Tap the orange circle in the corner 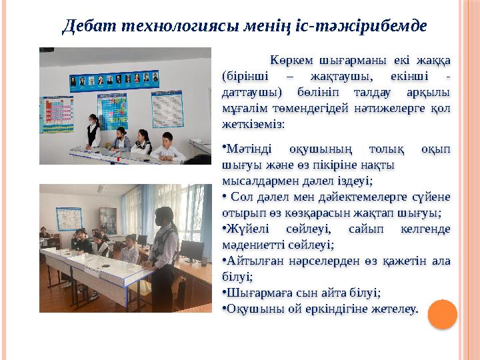pos(441,313)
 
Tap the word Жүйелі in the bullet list pos(245,229)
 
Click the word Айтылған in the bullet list pos(251,261)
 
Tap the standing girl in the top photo pos(95,131)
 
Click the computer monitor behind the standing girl pos(191,251)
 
